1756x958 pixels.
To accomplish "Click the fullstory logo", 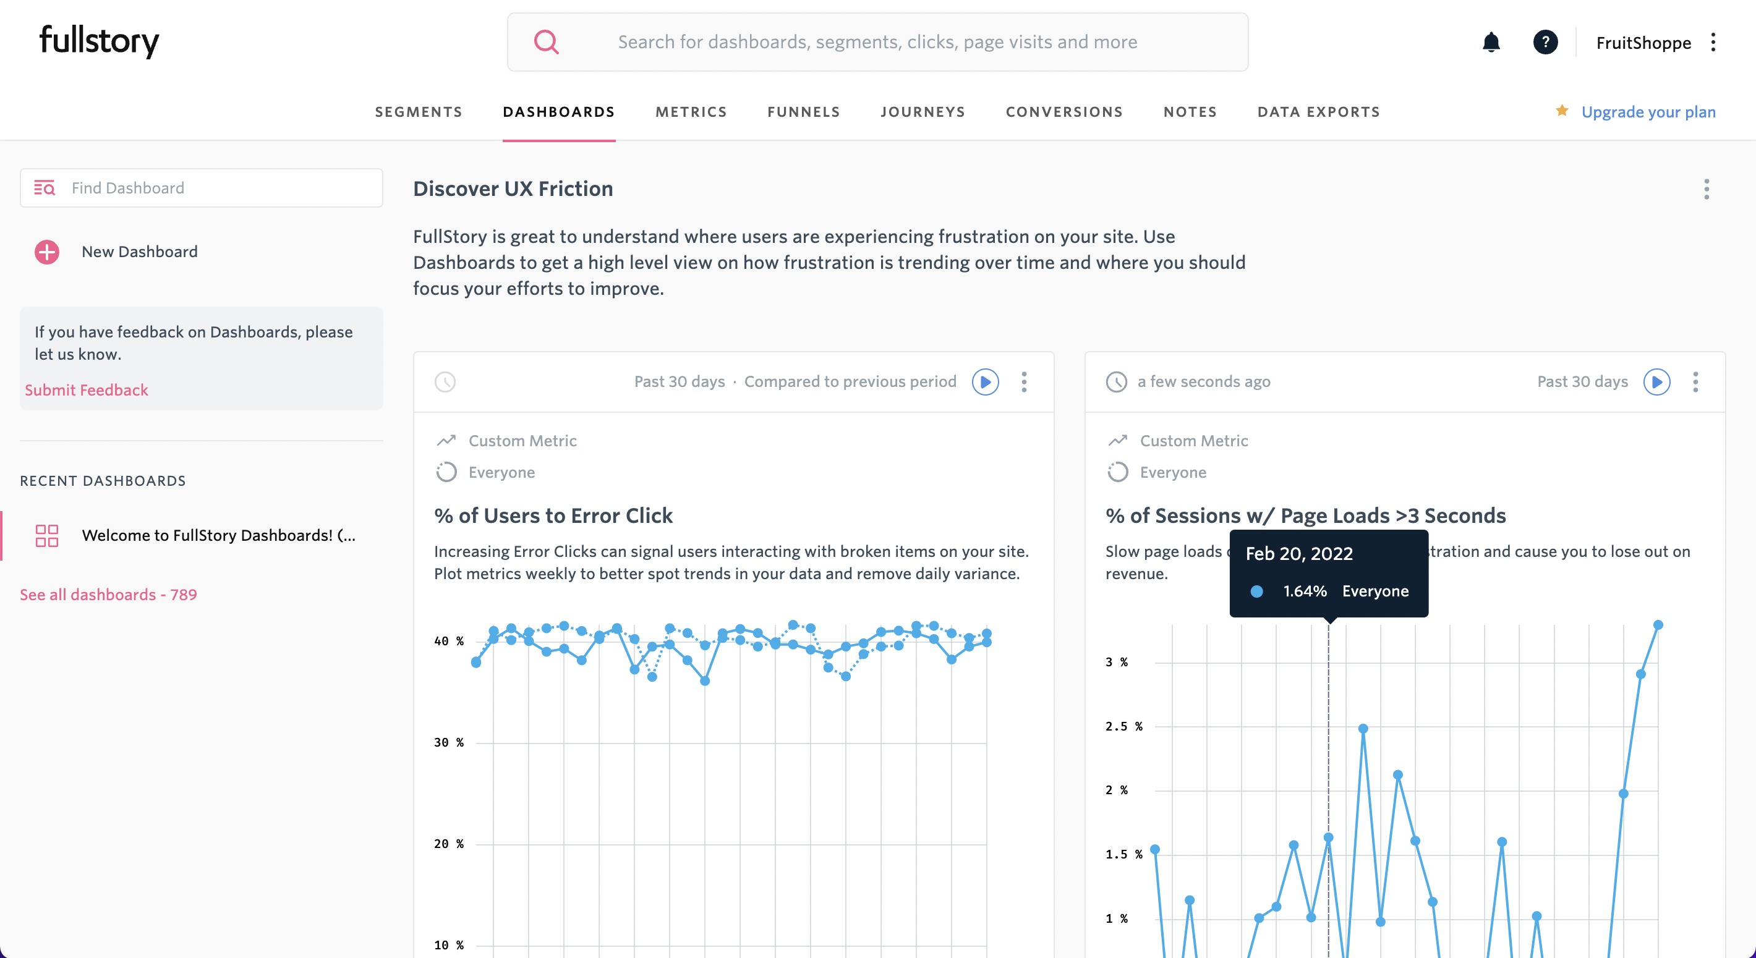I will [x=99, y=41].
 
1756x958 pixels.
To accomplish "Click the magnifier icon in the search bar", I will [x=546, y=42].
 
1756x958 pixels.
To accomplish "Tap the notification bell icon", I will [x=1491, y=42].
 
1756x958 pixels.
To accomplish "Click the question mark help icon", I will [x=1545, y=42].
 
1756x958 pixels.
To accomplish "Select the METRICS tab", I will [x=691, y=112].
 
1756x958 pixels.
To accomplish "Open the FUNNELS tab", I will [x=803, y=112].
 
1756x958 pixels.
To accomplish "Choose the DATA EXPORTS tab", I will [x=1318, y=112].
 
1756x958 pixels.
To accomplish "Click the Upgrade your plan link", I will [x=1648, y=112].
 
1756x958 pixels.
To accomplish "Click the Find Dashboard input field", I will [x=218, y=188].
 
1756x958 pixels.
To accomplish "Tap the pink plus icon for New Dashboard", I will [x=47, y=252].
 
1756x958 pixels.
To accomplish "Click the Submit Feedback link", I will [x=87, y=390].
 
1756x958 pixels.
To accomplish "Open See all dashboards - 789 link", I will [x=108, y=594].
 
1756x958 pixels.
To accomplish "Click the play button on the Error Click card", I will [x=985, y=381].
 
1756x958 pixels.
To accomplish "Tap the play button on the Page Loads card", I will [x=1656, y=381].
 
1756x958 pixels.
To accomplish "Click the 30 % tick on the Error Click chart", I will [x=448, y=743].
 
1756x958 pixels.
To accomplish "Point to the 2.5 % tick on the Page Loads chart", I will [x=1123, y=726].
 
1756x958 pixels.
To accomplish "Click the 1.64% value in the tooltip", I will [x=1305, y=591].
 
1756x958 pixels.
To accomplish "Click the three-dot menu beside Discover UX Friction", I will [x=1707, y=189].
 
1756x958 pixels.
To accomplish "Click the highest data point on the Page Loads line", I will [x=1658, y=625].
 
